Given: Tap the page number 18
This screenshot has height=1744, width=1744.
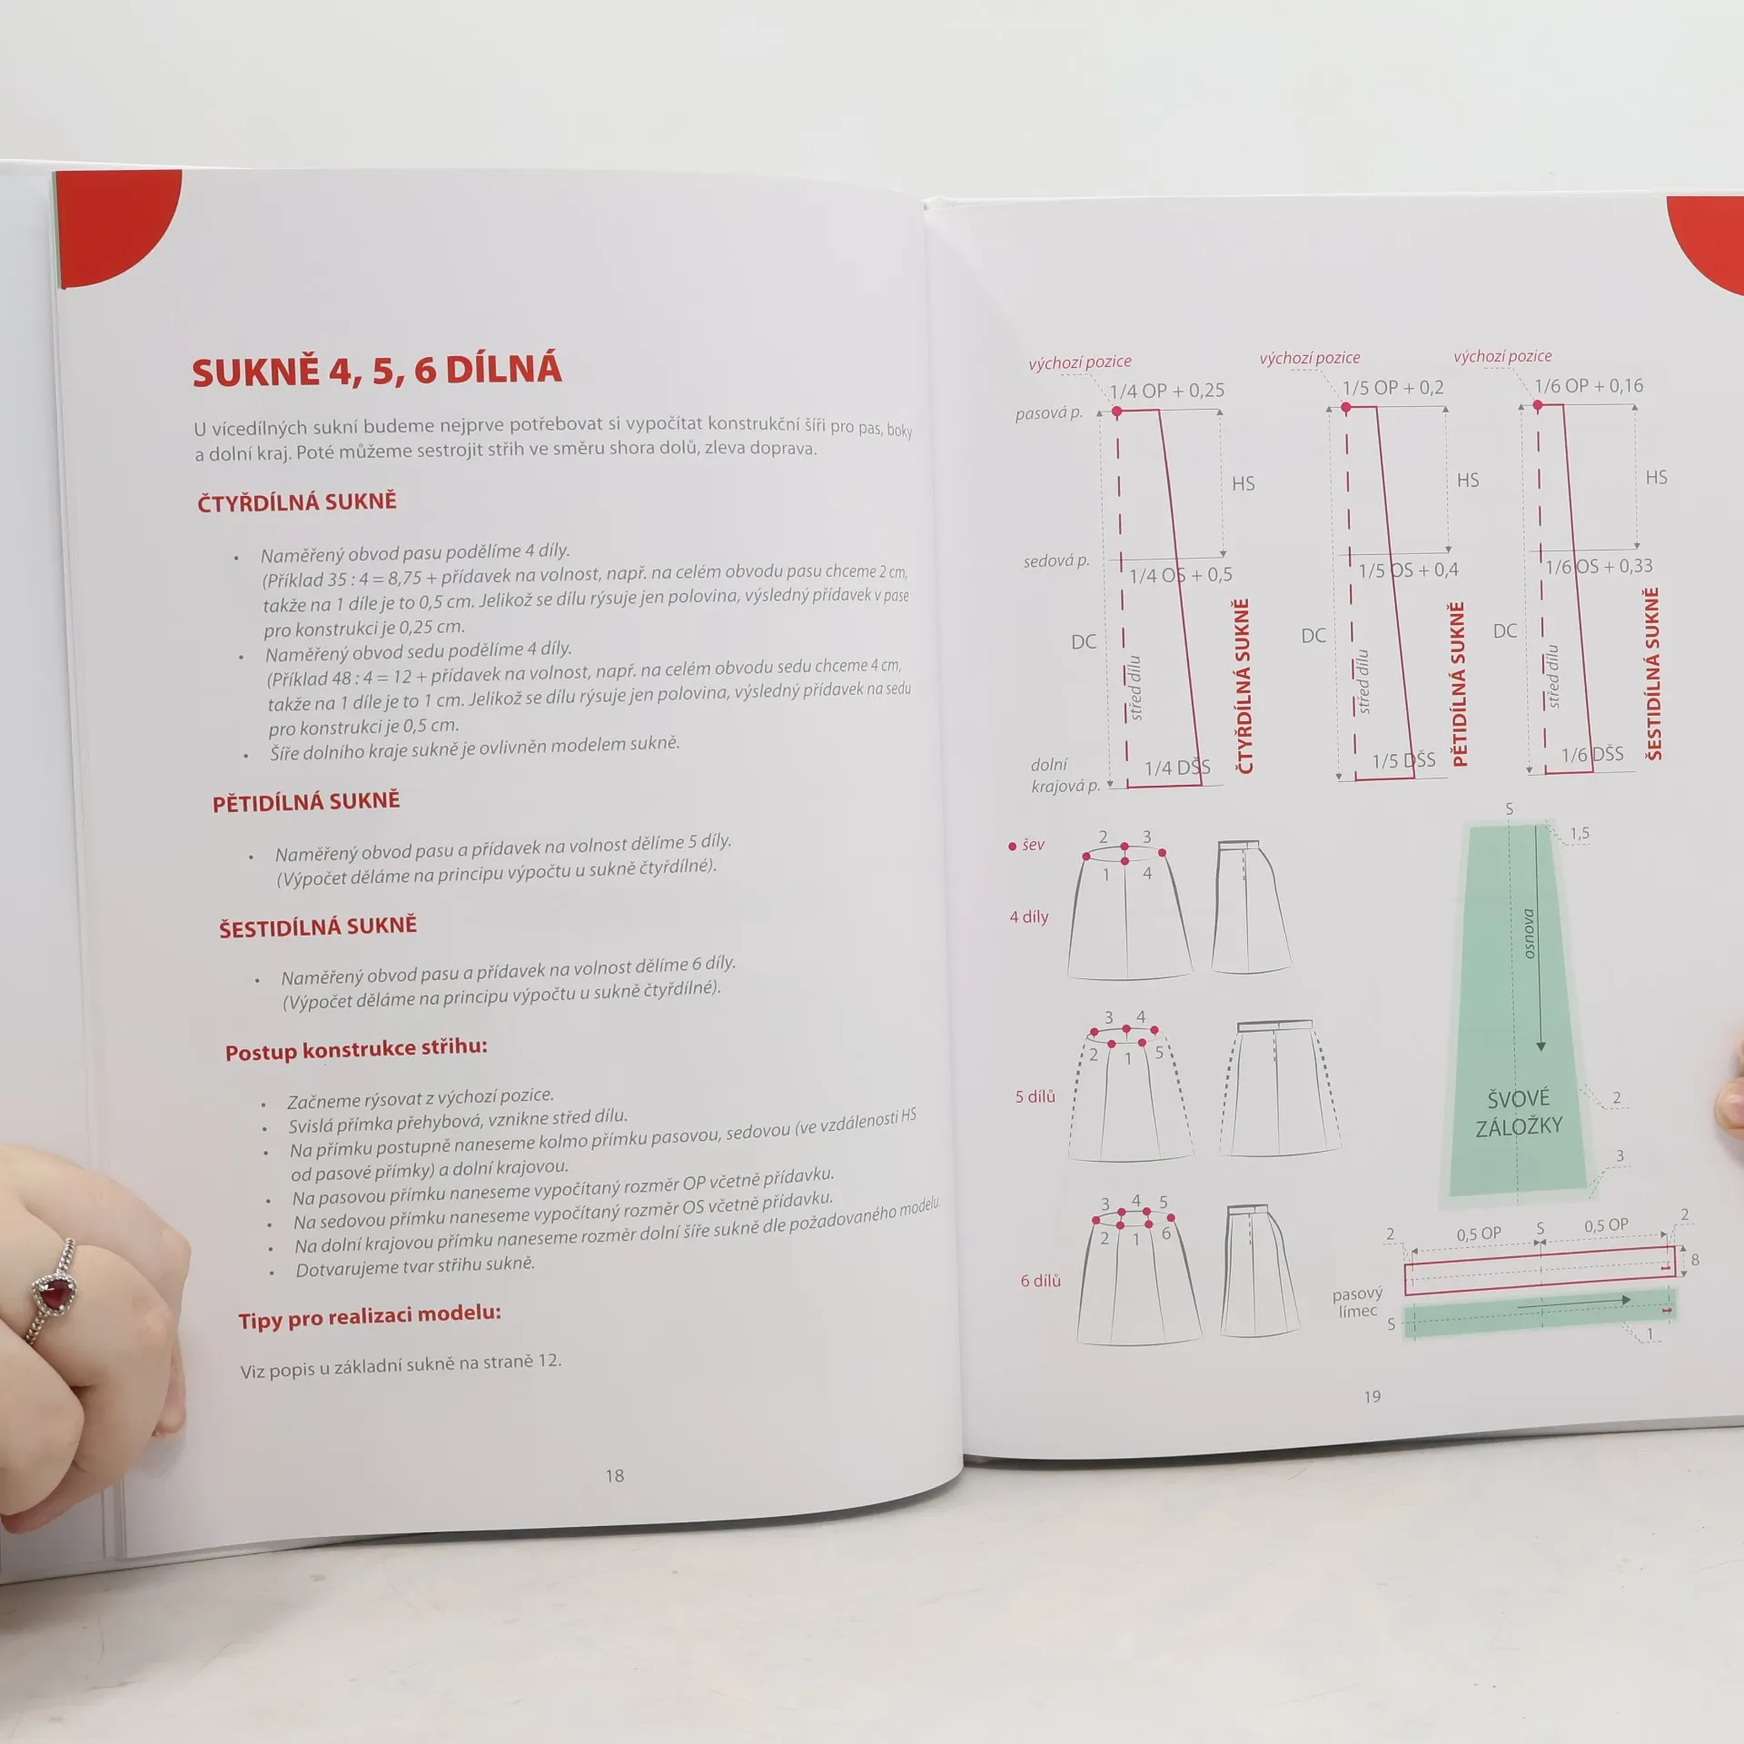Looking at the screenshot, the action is [615, 1476].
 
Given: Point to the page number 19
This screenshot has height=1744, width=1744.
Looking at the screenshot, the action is [1372, 1396].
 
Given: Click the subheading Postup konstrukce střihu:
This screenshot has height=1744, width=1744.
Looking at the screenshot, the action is [356, 1049].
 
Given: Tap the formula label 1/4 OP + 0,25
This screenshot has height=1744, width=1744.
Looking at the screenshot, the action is [1167, 391].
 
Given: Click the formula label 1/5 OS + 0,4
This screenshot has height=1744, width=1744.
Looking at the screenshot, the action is [1409, 570].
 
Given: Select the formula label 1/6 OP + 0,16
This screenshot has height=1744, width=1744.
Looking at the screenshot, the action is [1590, 386].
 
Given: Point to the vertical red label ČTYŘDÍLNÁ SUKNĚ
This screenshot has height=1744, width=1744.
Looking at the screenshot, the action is [1244, 687].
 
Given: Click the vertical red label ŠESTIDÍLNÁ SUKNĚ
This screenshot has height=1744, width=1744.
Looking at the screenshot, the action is [1652, 674].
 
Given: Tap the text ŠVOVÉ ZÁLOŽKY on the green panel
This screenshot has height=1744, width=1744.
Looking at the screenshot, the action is [1519, 1113].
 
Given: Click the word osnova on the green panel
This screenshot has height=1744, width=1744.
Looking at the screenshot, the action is [1529, 934].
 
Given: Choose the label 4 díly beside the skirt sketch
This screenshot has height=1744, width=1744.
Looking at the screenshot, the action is [1029, 917].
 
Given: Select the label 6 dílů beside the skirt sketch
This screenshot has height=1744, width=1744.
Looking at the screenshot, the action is [1041, 1281].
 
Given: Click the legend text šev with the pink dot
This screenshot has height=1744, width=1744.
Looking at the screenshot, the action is [1026, 845].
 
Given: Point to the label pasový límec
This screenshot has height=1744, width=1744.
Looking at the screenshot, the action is [1357, 1302].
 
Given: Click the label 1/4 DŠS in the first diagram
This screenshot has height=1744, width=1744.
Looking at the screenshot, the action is [1177, 768].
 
